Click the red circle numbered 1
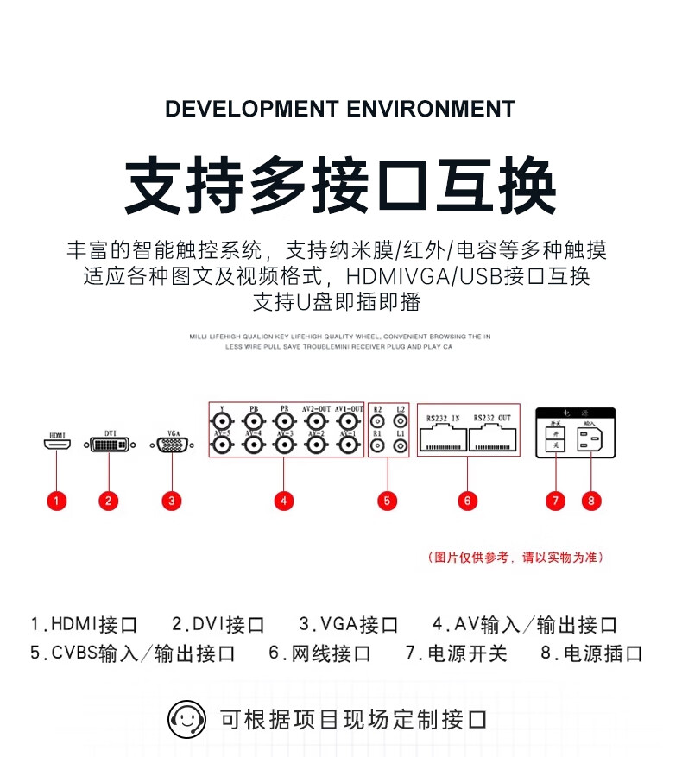pyautogui.click(x=56, y=501)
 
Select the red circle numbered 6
pyautogui.click(x=467, y=501)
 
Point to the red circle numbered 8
pyautogui.click(x=590, y=501)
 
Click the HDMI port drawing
pyautogui.click(x=57, y=445)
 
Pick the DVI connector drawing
pyautogui.click(x=110, y=445)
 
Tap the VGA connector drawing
pyautogui.click(x=172, y=445)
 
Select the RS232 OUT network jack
pyautogui.click(x=492, y=441)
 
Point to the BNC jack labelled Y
pyautogui.click(x=223, y=422)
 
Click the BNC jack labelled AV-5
pyautogui.click(x=223, y=445)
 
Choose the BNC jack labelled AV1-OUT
pyautogui.click(x=348, y=422)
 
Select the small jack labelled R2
pyautogui.click(x=377, y=422)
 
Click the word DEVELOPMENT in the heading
pyautogui.click(x=251, y=110)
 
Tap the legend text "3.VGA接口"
pyautogui.click(x=349, y=625)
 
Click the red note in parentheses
pyautogui.click(x=515, y=558)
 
